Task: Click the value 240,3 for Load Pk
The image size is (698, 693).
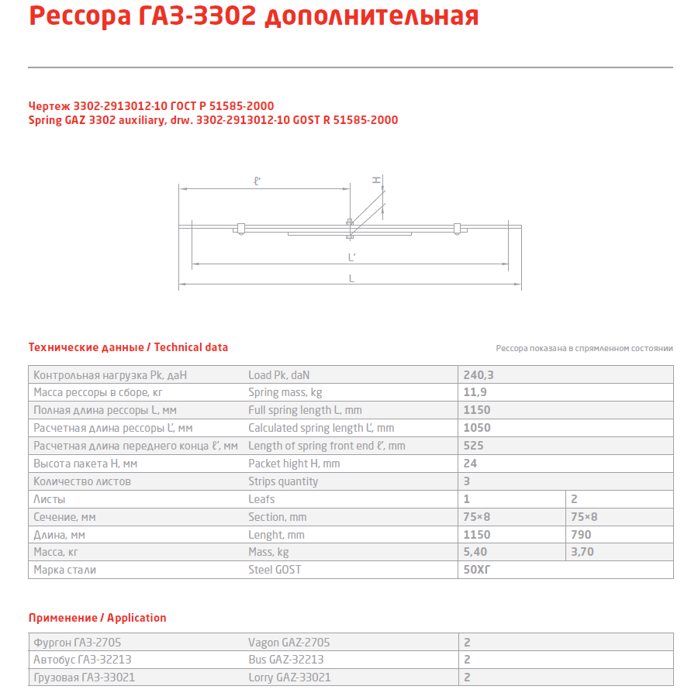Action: coord(479,374)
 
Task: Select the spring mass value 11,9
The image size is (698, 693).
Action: coord(475,392)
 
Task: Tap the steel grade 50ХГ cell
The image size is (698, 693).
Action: coord(477,570)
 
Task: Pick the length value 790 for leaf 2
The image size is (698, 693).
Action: coord(581,534)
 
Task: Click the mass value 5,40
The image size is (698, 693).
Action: coord(475,552)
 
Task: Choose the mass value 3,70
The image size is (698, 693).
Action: coord(583,552)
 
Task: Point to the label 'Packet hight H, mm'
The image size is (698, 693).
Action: coord(294,464)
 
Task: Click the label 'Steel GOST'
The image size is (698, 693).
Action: coord(275,570)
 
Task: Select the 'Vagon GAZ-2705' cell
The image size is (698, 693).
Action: coord(289,642)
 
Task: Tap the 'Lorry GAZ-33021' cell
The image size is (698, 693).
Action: coord(289,677)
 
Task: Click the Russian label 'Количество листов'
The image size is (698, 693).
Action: coord(82,481)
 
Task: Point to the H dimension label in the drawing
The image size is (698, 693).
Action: coord(376,180)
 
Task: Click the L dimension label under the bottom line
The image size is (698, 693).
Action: coord(351,278)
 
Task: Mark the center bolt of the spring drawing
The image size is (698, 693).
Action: coord(350,227)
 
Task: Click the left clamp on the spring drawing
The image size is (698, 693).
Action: coord(240,228)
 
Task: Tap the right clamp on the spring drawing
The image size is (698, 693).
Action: coord(458,228)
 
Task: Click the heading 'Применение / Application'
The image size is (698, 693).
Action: coord(97,618)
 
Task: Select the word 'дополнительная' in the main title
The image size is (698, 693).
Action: coord(371,16)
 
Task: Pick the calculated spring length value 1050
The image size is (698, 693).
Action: coord(476,428)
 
